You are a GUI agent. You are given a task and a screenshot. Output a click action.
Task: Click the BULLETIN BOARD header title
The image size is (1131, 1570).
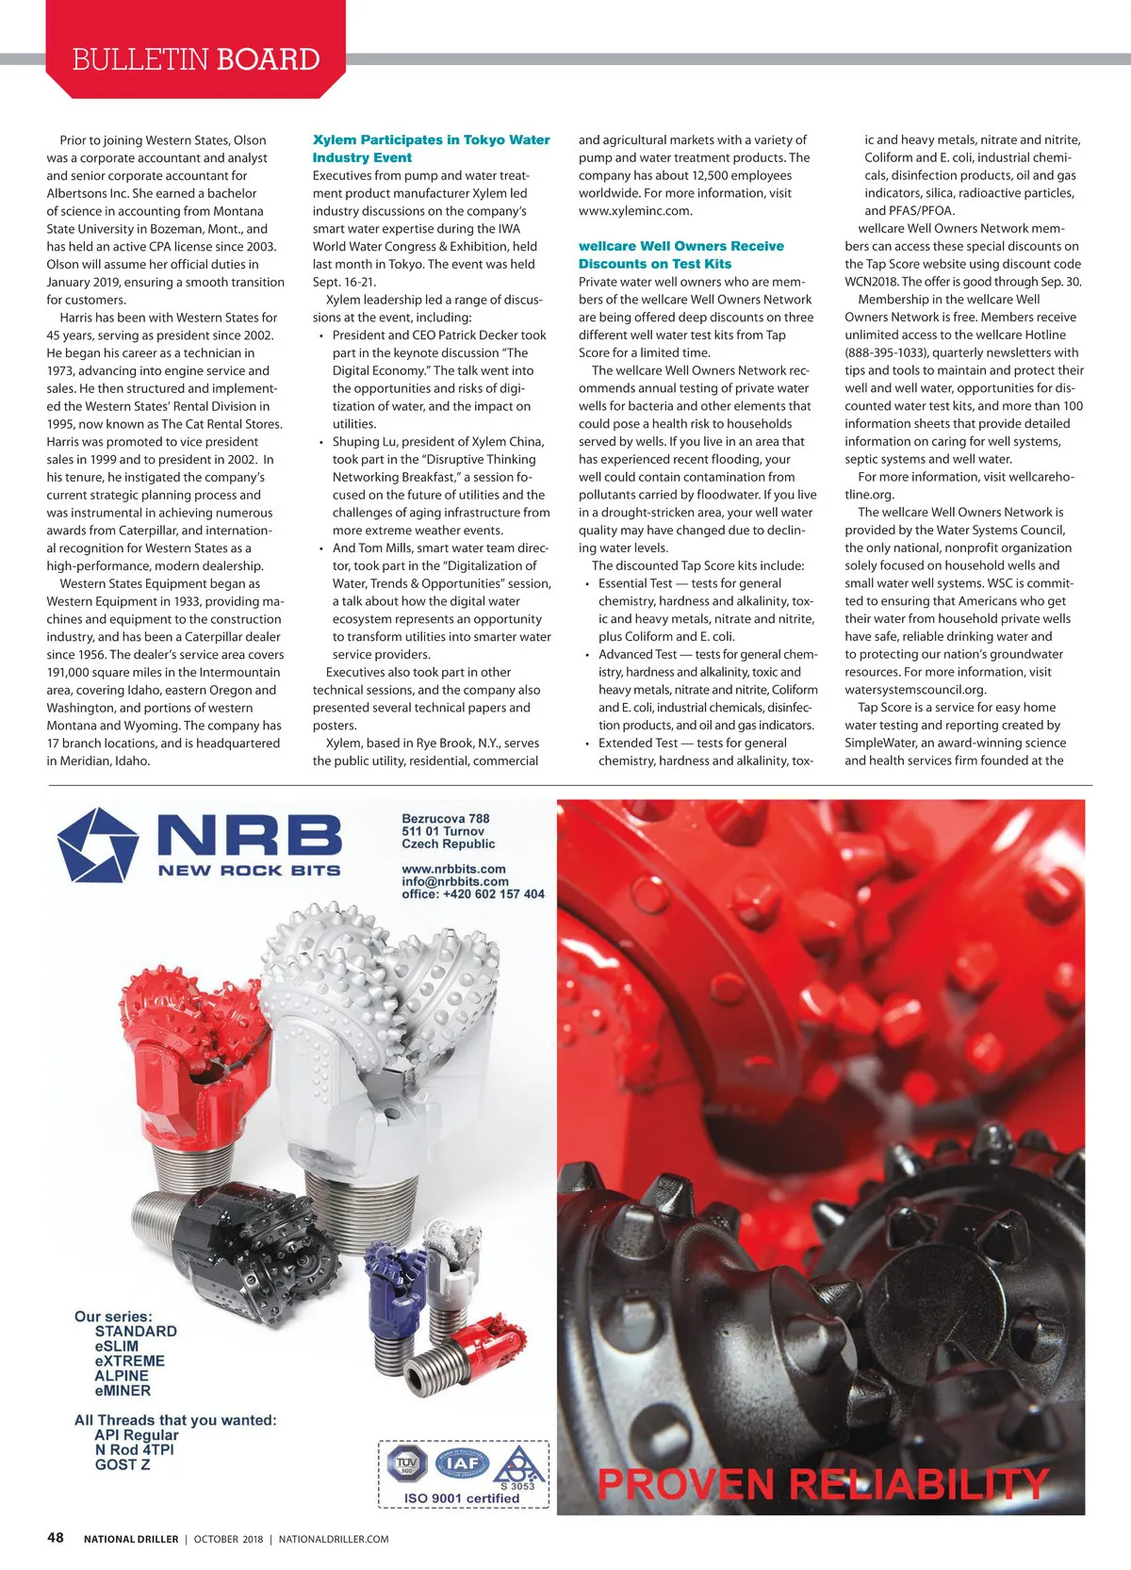click(196, 59)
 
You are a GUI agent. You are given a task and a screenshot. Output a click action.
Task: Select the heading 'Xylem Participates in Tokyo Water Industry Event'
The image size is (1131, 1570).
click(431, 149)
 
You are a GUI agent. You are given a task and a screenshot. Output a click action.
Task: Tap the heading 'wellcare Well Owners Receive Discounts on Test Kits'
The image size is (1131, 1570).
click(680, 255)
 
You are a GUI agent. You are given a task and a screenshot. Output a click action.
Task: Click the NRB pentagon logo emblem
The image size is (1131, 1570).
click(97, 844)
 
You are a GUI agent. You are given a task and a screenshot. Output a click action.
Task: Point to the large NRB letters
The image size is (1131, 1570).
click(249, 836)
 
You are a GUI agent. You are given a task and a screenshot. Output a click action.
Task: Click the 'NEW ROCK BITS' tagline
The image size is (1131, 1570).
click(249, 871)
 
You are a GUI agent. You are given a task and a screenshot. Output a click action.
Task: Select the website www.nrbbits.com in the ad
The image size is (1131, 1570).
click(453, 869)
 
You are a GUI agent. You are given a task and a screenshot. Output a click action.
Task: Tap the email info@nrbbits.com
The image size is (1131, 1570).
click(455, 881)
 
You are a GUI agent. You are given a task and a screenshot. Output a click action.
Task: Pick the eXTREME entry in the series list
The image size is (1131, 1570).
click(129, 1361)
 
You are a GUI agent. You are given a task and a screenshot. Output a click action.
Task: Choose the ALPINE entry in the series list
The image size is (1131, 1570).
click(122, 1376)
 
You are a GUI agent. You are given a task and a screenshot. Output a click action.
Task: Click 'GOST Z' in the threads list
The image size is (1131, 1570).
click(123, 1464)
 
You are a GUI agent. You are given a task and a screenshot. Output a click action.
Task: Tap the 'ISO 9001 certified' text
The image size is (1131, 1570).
click(462, 1498)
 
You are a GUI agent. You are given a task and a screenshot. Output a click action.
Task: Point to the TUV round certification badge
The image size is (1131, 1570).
click(407, 1464)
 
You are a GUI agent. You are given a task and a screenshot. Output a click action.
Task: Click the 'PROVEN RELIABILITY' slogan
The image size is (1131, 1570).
click(823, 1484)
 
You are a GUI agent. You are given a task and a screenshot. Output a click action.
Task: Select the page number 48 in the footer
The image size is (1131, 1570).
click(56, 1538)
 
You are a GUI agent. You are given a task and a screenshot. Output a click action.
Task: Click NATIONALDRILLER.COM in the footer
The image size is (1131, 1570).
click(334, 1539)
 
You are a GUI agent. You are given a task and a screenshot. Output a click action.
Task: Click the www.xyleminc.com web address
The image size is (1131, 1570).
click(635, 211)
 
